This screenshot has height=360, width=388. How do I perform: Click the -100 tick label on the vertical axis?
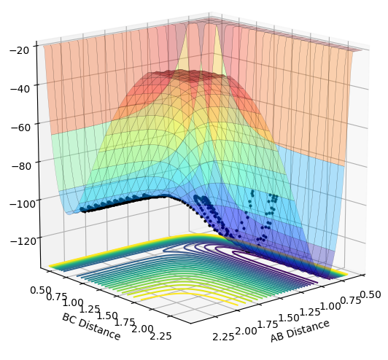coord(23,205)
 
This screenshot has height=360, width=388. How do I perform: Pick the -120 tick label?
coord(23,241)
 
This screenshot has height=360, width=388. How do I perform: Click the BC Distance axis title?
coord(91,326)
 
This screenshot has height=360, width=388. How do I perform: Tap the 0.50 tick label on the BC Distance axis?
coord(41,291)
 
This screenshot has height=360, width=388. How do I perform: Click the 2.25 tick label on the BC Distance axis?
coord(160,336)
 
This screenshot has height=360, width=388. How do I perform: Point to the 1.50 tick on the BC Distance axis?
coord(107,316)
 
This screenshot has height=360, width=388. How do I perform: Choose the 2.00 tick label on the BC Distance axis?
coord(142,329)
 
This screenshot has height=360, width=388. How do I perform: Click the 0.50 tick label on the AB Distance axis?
coord(370,294)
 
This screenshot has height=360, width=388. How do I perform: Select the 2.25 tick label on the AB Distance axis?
coord(223,337)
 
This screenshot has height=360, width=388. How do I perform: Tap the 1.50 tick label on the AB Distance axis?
coord(289,318)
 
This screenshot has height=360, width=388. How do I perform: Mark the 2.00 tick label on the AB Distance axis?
coord(246,331)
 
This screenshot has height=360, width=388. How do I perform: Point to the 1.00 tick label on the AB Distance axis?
coord(330,306)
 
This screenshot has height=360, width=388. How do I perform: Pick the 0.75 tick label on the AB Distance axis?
coord(350,300)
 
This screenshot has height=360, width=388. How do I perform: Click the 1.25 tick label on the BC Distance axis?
coord(89,309)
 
